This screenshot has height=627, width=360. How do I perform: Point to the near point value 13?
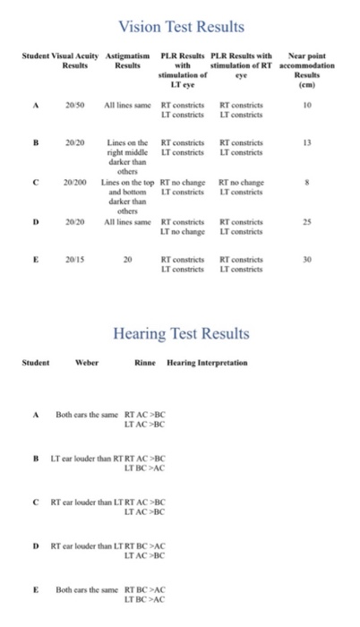[307, 142]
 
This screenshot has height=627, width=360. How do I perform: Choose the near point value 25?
[307, 219]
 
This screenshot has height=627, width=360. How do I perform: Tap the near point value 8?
[307, 181]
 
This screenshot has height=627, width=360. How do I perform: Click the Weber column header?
[87, 365]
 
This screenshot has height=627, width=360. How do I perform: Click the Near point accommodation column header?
[307, 66]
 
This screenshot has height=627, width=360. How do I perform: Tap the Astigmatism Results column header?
[127, 62]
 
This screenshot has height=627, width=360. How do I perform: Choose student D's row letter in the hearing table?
[35, 545]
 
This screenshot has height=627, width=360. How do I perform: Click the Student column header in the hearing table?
[35, 365]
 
